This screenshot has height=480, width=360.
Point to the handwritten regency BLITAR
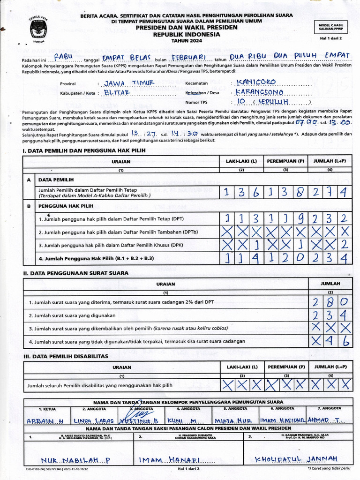[117, 93]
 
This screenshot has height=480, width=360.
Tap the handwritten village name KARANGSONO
[259, 92]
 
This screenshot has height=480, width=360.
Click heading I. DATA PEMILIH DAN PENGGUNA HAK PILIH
[84, 150]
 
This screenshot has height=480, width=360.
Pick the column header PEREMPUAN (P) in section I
[285, 161]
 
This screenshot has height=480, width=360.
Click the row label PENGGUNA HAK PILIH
[66, 206]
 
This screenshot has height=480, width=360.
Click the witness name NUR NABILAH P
[75, 460]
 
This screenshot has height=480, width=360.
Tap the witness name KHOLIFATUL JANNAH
[296, 458]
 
